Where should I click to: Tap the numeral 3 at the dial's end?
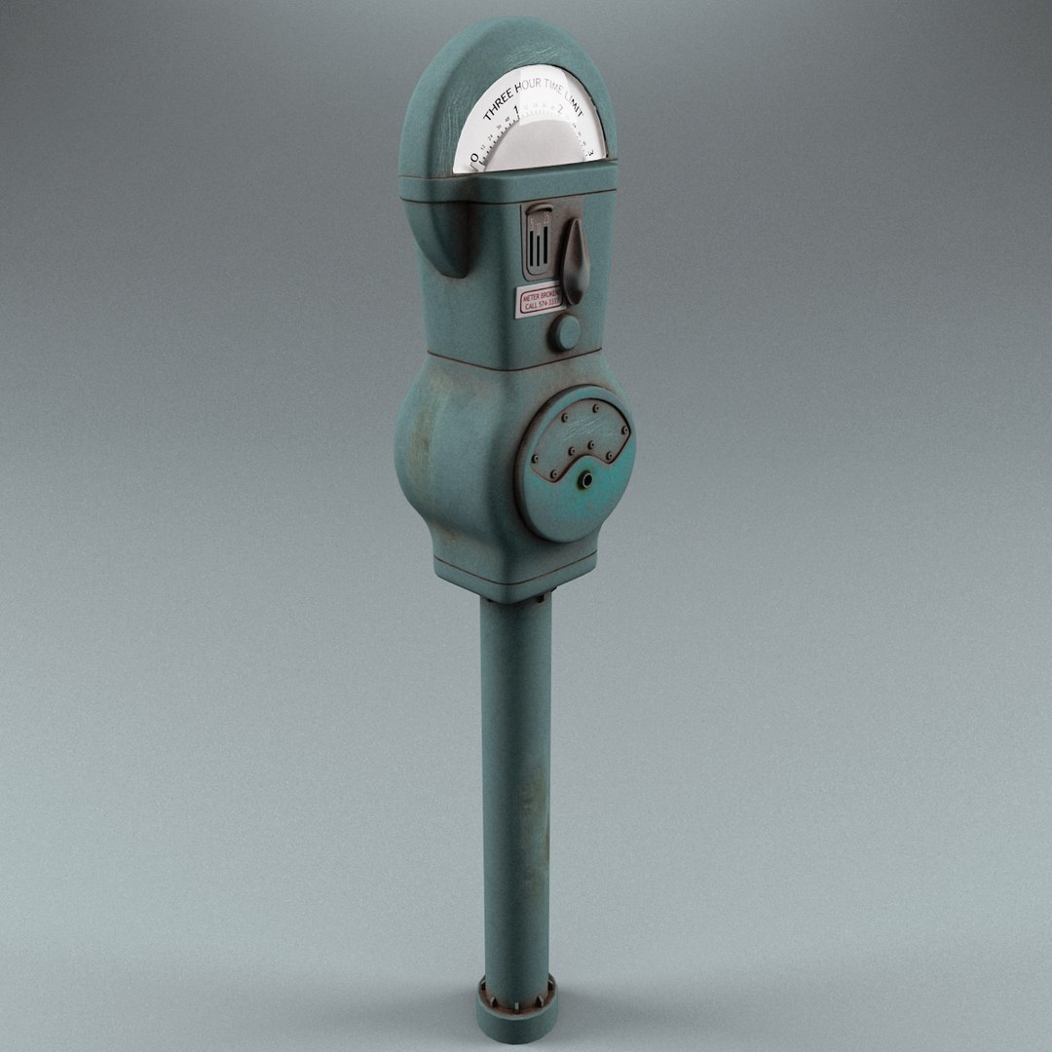[590, 152]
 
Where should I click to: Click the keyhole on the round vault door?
[584, 480]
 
